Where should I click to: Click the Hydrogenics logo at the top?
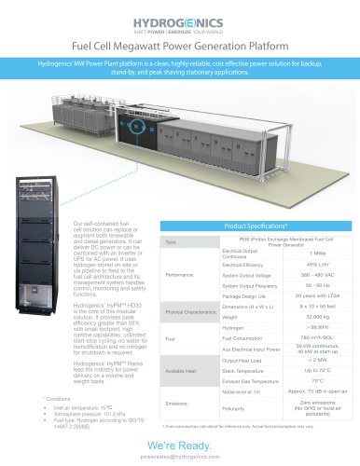180,20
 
